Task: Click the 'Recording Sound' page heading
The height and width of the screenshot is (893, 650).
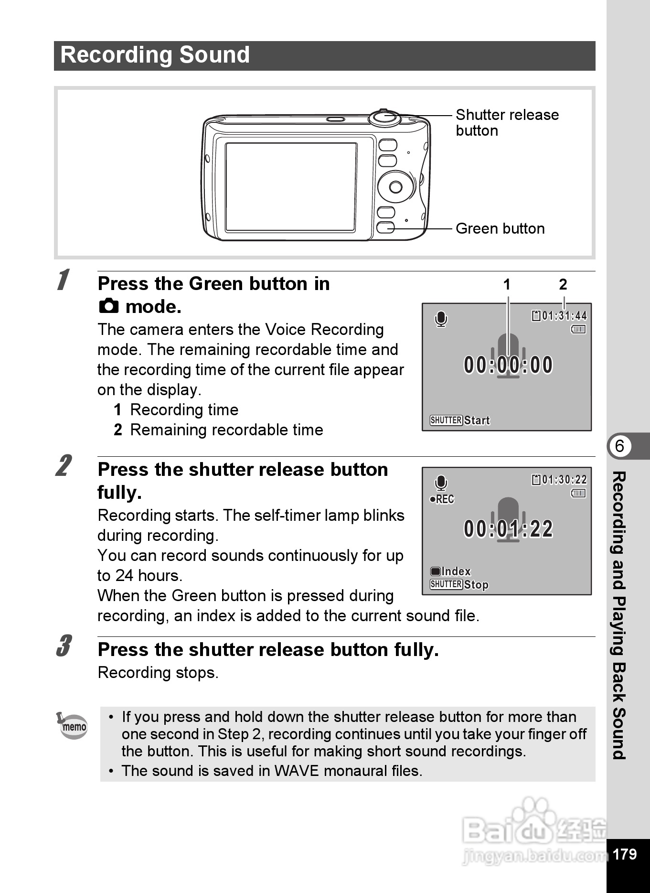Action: tap(155, 55)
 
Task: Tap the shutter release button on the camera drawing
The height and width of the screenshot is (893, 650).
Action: tap(384, 117)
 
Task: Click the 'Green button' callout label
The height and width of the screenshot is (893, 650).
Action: tap(500, 228)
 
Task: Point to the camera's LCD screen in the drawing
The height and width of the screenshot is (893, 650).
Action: tap(291, 187)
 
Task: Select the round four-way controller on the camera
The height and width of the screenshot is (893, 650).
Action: tap(396, 186)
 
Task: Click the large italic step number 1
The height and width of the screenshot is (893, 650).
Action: tap(63, 280)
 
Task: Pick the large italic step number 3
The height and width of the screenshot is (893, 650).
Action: tap(64, 646)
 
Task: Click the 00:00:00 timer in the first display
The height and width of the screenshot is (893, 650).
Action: tap(508, 365)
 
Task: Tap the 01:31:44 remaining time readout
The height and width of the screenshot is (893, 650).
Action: tap(564, 316)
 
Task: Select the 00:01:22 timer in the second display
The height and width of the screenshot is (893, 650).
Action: tap(508, 529)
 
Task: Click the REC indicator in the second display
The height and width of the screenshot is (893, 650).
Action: tap(442, 499)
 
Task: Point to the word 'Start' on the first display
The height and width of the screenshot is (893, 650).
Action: tap(477, 420)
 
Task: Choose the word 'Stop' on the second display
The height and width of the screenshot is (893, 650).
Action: tap(476, 585)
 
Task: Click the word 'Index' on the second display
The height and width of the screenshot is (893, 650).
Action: tap(456, 571)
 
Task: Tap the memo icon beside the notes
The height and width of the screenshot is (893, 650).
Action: tap(73, 725)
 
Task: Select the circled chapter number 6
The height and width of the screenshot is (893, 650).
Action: tap(619, 446)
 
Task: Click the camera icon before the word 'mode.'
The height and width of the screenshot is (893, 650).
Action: tap(109, 306)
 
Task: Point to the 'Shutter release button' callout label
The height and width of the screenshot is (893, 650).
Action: tap(507, 122)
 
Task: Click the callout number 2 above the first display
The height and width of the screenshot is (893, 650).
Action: tap(563, 285)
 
